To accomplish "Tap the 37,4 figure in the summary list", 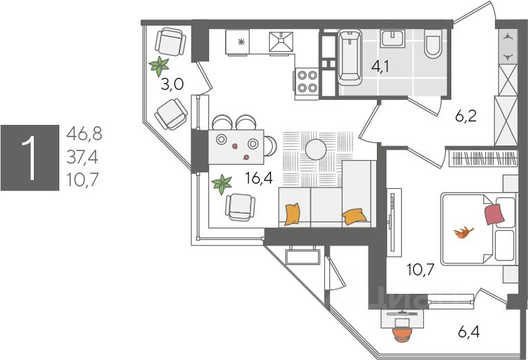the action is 82,158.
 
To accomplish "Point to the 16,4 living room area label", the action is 259,179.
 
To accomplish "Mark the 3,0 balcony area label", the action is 171,85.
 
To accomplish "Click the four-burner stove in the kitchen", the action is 307,81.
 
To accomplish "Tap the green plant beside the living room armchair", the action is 222,184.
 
